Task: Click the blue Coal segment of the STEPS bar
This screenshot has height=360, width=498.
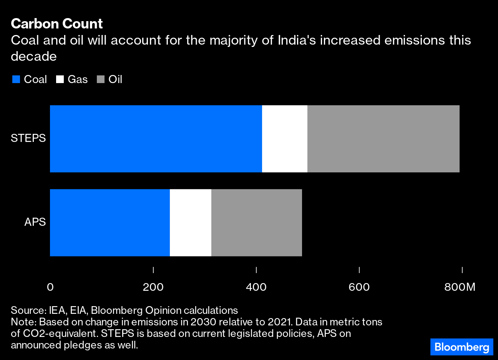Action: point(156,138)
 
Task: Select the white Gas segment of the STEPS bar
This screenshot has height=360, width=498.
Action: point(284,138)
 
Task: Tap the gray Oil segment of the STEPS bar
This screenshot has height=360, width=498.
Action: point(383,138)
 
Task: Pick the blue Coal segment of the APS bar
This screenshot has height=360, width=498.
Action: point(110,222)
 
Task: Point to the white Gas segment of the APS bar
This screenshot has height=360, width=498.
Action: point(190,222)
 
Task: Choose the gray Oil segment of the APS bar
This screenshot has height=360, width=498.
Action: point(256,222)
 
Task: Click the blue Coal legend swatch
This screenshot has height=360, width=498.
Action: point(16,80)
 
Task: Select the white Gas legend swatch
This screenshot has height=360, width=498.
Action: point(60,80)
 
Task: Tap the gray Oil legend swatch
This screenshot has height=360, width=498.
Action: point(101,80)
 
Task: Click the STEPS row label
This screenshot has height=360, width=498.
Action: point(28,138)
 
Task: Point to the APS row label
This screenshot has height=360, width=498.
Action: point(35,222)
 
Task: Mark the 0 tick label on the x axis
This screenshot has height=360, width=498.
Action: point(50,287)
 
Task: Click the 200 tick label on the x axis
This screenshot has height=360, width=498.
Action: point(153,287)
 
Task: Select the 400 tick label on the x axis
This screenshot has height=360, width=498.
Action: point(256,287)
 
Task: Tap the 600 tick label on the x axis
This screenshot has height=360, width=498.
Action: point(359,287)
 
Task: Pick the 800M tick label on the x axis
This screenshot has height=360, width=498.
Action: point(460,287)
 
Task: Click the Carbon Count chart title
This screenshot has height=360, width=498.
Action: point(57,24)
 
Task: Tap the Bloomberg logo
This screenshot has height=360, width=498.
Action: point(461,347)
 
